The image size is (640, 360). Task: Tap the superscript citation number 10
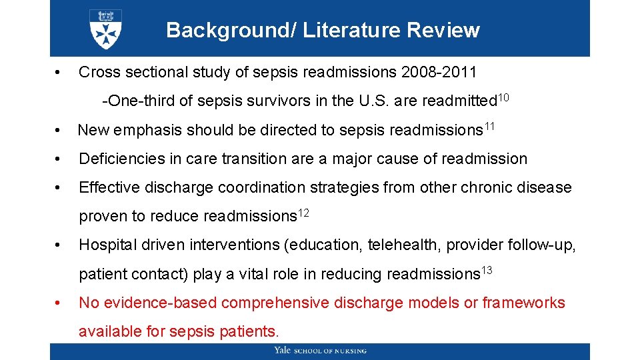503,98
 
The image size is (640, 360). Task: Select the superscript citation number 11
490,127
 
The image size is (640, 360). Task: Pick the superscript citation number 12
303,213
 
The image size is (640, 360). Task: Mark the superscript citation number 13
487,270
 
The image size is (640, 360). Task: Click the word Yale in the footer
283,351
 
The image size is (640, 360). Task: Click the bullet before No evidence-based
59,303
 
